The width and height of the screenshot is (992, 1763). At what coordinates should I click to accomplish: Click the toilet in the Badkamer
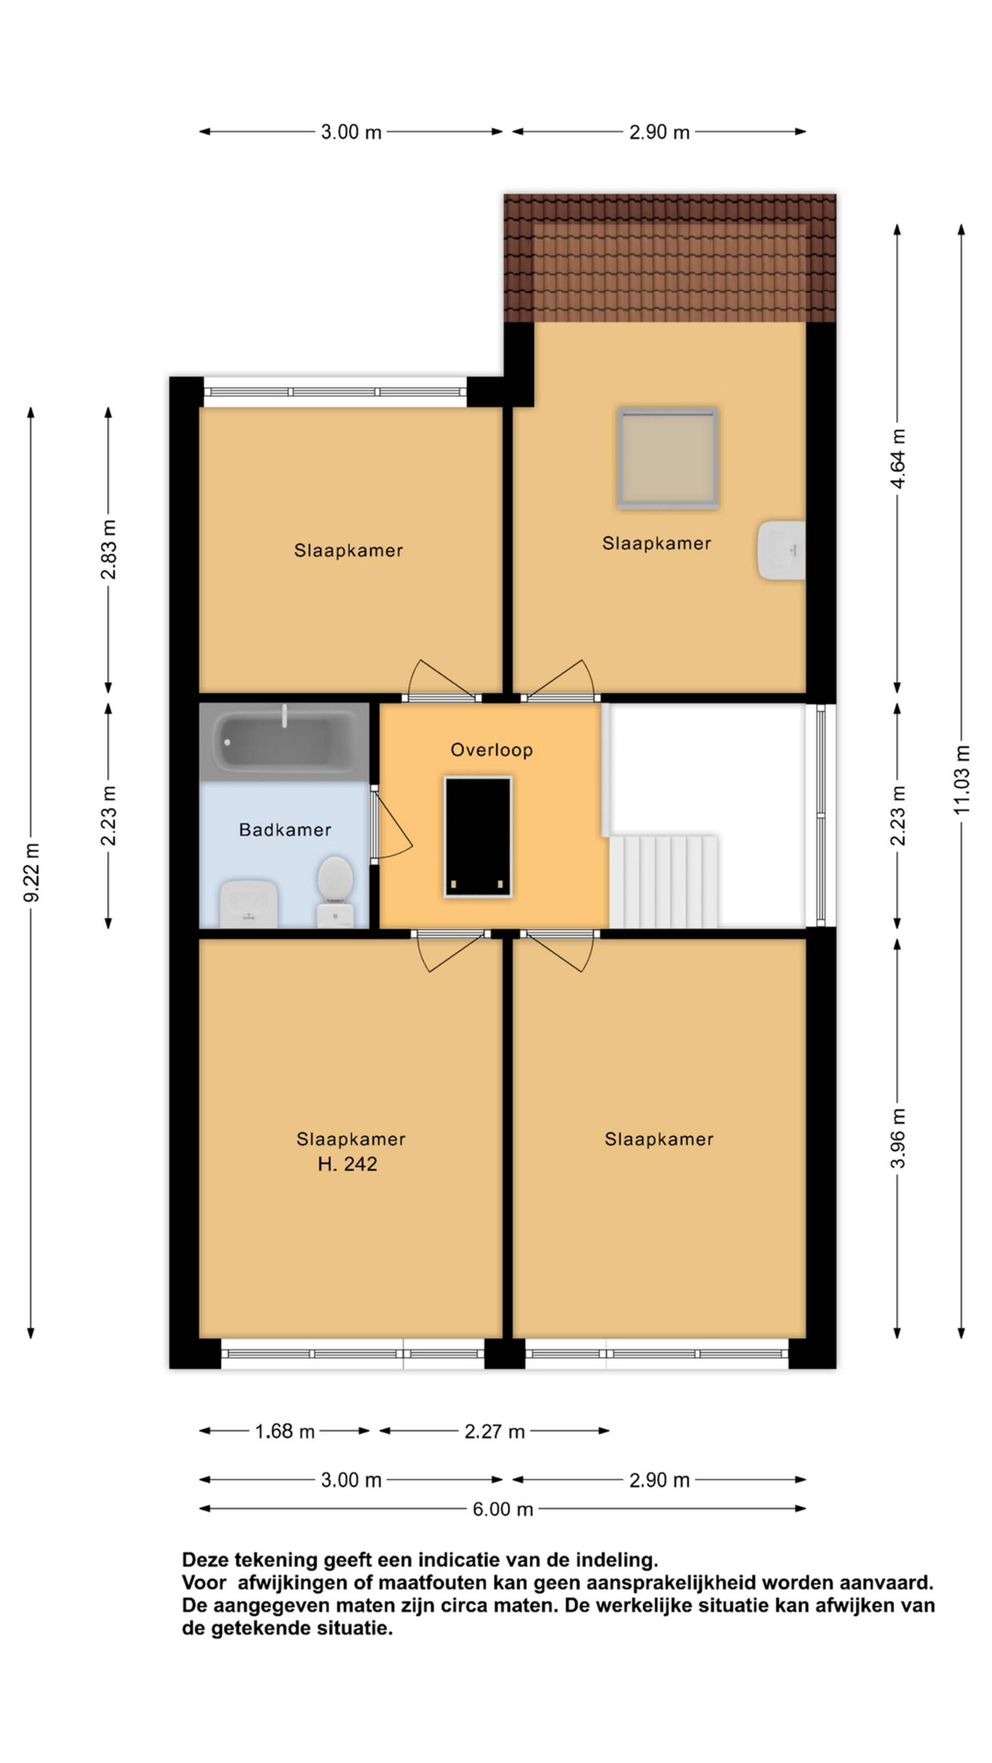[x=335, y=891]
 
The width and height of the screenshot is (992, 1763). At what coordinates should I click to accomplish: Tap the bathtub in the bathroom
[x=284, y=742]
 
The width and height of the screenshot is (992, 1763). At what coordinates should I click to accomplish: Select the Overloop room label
[x=491, y=750]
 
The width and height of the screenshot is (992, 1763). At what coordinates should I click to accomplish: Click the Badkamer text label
[x=285, y=830]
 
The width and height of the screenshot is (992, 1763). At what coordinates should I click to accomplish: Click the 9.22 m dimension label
[x=32, y=872]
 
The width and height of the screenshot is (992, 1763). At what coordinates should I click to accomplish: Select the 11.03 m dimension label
[x=962, y=779]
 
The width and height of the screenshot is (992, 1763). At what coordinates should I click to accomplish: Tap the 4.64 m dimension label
[x=898, y=459]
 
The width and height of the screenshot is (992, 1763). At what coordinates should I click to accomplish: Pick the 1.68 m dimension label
[x=285, y=1431]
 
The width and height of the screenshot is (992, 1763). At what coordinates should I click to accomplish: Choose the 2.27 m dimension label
[x=494, y=1431]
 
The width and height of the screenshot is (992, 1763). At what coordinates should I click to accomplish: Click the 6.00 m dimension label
[x=503, y=1508]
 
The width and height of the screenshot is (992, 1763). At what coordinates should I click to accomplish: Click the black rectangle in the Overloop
[x=478, y=837]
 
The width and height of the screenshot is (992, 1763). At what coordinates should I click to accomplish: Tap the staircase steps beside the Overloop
[x=663, y=881]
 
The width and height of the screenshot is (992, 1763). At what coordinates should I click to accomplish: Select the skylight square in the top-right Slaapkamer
[x=668, y=458]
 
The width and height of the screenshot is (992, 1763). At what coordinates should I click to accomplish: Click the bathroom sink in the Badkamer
[x=249, y=904]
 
